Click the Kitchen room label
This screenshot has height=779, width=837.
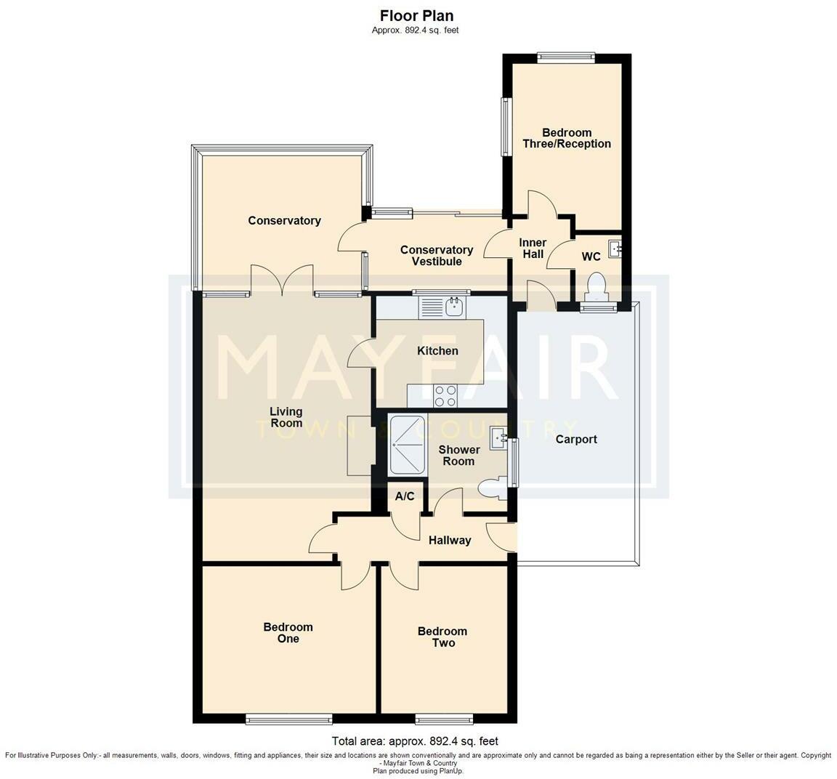437,351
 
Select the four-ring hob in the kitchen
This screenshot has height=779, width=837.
445,395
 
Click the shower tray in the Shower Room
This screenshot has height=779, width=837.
408,445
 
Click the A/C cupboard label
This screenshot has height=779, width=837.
405,496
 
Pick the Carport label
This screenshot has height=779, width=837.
576,440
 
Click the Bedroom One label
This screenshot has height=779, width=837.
288,633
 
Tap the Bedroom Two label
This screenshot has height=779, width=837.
442,637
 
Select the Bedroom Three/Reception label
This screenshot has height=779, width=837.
567,138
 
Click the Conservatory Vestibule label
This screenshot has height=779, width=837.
437,256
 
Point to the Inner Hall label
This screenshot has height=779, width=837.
533,249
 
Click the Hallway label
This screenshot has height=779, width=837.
450,541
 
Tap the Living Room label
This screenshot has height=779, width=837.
286,417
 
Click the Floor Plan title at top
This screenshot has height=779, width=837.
417,15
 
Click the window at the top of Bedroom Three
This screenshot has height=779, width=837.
566,58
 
